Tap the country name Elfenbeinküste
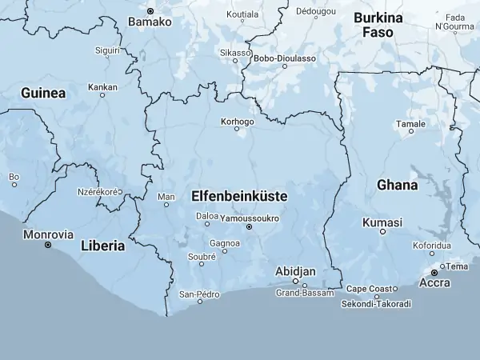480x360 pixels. (239, 194)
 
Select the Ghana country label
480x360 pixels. (397, 185)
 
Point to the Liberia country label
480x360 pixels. (102, 246)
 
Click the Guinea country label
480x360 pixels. (43, 93)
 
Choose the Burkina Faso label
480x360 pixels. (378, 25)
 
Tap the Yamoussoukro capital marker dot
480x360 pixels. (249, 227)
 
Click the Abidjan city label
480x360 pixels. (295, 271)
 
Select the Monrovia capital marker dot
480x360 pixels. (48, 245)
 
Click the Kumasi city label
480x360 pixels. (382, 222)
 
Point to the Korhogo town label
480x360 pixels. (236, 122)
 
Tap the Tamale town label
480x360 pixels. (411, 124)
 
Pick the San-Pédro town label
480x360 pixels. (199, 294)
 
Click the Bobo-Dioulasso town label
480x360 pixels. (284, 58)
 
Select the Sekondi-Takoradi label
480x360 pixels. (376, 304)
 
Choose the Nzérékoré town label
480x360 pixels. (98, 192)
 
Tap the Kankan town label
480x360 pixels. (102, 86)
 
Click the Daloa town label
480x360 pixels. (207, 215)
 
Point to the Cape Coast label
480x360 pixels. (369, 288)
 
